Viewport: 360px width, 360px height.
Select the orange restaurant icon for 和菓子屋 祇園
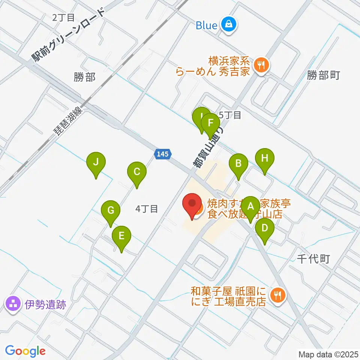click(278, 295)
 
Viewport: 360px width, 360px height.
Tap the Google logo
click(25, 351)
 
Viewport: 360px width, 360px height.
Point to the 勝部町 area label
click(323, 75)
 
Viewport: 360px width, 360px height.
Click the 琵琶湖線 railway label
click(67, 121)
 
